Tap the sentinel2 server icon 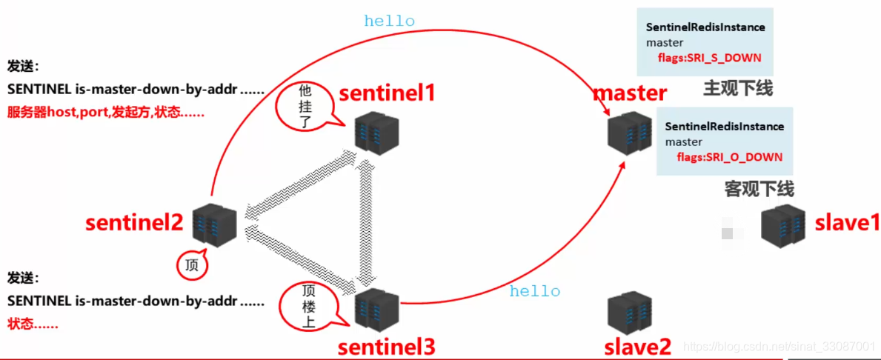[214, 223]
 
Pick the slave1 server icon [782, 224]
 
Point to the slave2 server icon [629, 313]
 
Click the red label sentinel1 [388, 93]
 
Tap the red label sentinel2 [134, 222]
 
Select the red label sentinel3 [386, 346]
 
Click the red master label [630, 93]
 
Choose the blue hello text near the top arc [389, 21]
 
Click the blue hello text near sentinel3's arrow [535, 291]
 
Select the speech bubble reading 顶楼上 [308, 306]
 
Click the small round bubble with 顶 [192, 264]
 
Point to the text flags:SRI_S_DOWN [709, 58]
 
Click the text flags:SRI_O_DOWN [729, 157]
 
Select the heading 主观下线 [737, 90]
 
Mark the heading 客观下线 [759, 189]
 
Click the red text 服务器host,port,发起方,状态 [106, 114]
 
